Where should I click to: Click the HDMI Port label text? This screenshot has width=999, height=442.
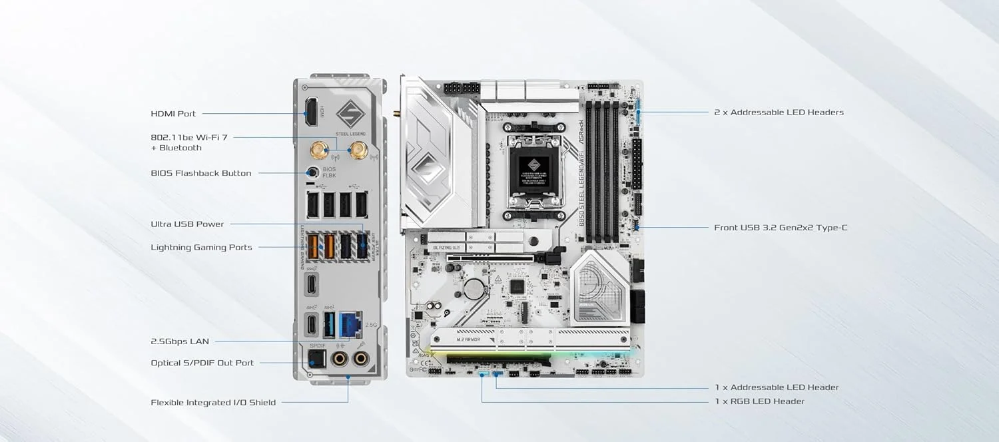pyautogui.click(x=173, y=114)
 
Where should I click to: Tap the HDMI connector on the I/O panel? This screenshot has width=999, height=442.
pyautogui.click(x=311, y=112)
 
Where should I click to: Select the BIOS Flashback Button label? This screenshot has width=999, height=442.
pyautogui.click(x=201, y=173)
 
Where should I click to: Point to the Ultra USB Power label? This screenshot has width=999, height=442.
pyautogui.click(x=187, y=224)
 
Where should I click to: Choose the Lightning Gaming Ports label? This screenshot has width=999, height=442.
pyautogui.click(x=201, y=248)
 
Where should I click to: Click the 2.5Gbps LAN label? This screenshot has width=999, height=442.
pyautogui.click(x=180, y=341)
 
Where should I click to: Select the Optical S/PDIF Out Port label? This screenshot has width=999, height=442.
pyautogui.click(x=202, y=363)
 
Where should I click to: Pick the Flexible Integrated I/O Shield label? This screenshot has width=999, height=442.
pyautogui.click(x=213, y=403)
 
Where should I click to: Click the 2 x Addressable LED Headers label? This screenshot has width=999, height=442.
pyautogui.click(x=779, y=112)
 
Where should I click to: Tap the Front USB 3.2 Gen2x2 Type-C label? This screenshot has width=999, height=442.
pyautogui.click(x=781, y=228)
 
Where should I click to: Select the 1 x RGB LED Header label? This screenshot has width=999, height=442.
pyautogui.click(x=759, y=401)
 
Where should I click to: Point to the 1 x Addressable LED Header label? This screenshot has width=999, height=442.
pyautogui.click(x=777, y=387)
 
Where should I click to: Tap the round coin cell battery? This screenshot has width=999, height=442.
pyautogui.click(x=473, y=288)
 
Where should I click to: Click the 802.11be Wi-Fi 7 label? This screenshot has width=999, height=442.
pyautogui.click(x=189, y=137)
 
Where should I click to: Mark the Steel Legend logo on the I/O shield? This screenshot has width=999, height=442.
pyautogui.click(x=350, y=114)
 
